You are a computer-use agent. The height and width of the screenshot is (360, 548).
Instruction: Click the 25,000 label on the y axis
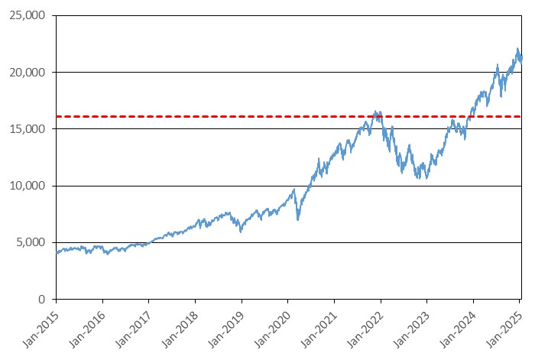click(x=28, y=15)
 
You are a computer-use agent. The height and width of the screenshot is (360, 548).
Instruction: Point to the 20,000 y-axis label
click(x=28, y=73)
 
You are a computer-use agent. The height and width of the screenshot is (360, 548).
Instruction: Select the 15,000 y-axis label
click(x=28, y=129)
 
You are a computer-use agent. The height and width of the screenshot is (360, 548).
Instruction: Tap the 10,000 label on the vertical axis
click(x=28, y=186)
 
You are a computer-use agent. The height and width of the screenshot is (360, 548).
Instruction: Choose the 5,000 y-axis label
click(x=31, y=242)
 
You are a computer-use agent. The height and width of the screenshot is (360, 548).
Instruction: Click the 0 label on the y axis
click(x=42, y=299)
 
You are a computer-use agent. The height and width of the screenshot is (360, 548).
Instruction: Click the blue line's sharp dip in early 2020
click(x=298, y=219)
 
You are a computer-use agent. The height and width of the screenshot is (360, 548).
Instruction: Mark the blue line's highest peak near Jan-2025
click(x=517, y=49)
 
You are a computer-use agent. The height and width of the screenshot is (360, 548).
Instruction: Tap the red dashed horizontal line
click(x=289, y=116)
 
